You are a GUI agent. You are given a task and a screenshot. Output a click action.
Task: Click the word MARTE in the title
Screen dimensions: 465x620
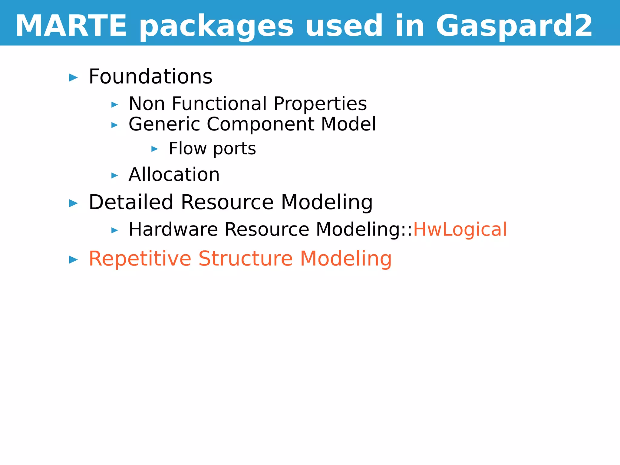point(71,26)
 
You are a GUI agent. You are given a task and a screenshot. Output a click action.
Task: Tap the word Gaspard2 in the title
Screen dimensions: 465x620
point(514,26)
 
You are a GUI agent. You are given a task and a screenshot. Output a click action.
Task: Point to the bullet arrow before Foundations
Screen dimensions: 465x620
point(73,78)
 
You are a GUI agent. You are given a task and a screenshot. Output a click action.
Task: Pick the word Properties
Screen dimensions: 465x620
point(320,104)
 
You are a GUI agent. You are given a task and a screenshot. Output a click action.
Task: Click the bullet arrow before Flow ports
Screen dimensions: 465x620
point(154,149)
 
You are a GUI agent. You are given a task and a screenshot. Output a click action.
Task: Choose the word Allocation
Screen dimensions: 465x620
point(174,175)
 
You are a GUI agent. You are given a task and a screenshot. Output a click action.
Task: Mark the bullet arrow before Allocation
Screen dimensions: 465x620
point(114,175)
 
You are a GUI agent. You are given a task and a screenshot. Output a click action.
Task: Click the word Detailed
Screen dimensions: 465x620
point(131,202)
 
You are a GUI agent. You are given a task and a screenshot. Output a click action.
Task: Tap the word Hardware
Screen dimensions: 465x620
point(173,229)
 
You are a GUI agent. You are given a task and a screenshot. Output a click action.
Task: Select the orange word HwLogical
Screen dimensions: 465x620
point(460,229)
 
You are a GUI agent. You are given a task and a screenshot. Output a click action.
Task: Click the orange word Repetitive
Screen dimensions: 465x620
point(140,259)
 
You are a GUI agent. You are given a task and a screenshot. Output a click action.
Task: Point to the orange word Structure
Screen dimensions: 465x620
point(246,259)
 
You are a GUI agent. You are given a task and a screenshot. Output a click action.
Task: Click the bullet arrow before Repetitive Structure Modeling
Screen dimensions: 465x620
point(73,260)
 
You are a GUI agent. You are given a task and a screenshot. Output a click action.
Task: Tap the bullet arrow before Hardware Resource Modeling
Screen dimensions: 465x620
point(114,230)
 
